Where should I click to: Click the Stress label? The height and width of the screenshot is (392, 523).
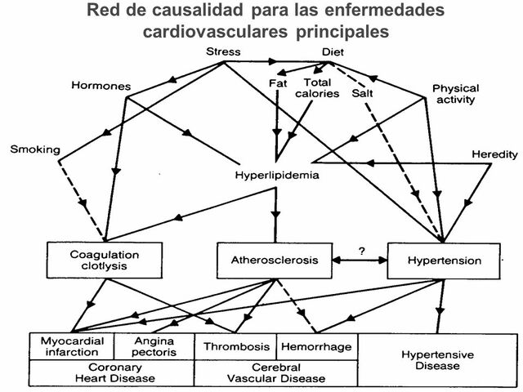pos(222,52)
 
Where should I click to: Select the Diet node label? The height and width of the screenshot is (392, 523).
pos(332,52)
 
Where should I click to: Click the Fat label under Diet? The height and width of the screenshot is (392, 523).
pos(278,83)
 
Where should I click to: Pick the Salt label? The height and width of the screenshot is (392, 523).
pos(363,93)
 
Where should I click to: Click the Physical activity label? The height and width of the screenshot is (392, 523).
pos(455,94)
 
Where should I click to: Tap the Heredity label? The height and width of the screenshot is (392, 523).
pos(493,154)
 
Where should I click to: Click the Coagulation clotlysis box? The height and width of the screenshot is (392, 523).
pos(92,260)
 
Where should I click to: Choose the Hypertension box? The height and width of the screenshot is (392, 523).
pos(444,261)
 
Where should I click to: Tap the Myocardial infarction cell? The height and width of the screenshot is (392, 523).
pos(72,346)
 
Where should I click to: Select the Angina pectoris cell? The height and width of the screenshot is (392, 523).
pos(154,346)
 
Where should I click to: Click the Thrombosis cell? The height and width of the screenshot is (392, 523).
pos(235,346)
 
